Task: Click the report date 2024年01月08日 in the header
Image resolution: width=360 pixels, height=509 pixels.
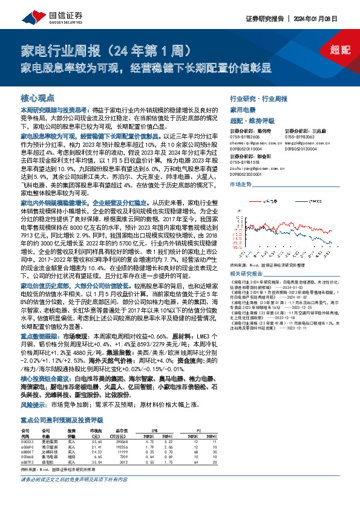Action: coord(329,19)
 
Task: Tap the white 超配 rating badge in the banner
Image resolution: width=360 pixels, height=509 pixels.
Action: coord(341,51)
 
